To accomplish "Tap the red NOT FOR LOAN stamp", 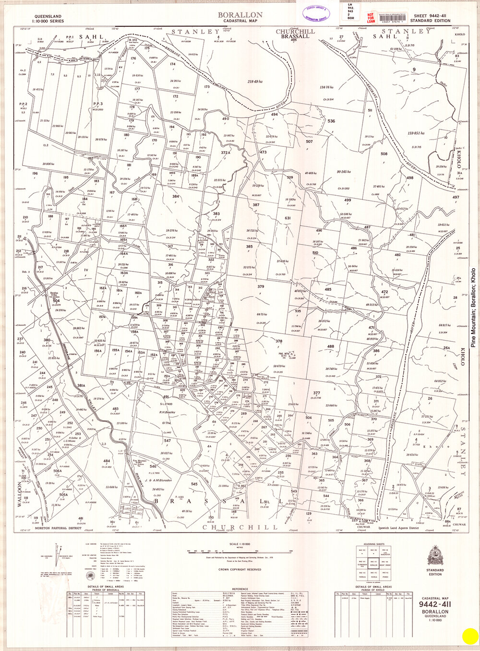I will (371, 18).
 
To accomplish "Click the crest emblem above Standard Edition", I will (435, 555).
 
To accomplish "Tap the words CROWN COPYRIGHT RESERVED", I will (240, 569).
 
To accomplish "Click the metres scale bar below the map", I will (240, 550).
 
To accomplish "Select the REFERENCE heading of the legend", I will (240, 589).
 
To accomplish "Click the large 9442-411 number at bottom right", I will (435, 604).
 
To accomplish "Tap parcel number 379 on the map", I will (261, 287).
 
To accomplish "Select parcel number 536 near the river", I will (331, 121).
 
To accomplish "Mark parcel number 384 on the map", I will (176, 196).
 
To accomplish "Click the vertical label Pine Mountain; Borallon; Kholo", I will (473, 307).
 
